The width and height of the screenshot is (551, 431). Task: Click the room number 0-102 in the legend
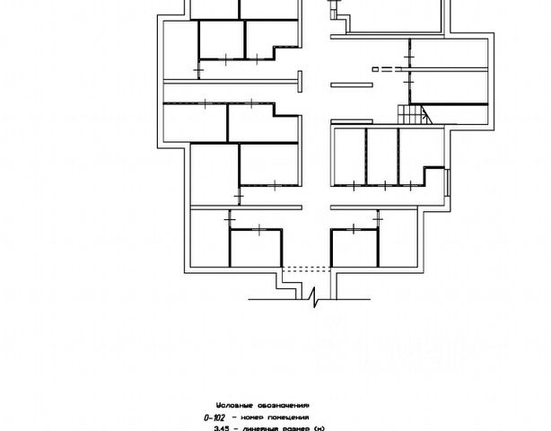pos(216,416)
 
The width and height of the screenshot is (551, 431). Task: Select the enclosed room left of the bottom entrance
pos(254,246)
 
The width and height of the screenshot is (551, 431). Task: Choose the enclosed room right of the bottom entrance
pos(352,246)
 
